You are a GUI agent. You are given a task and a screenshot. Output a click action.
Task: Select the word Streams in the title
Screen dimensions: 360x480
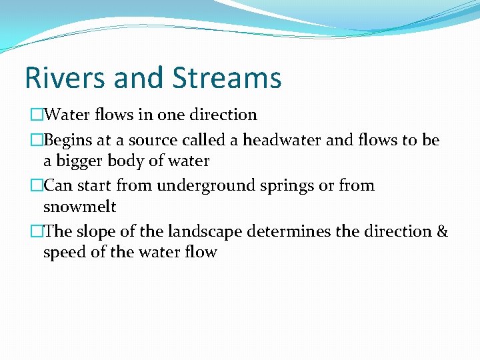click(227, 78)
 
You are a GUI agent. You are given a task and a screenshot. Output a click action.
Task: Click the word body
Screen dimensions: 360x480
click(132, 161)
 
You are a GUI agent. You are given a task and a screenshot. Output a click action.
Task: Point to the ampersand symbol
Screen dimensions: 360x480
click(442, 232)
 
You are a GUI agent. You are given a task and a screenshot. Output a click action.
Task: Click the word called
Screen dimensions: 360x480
click(203, 141)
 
